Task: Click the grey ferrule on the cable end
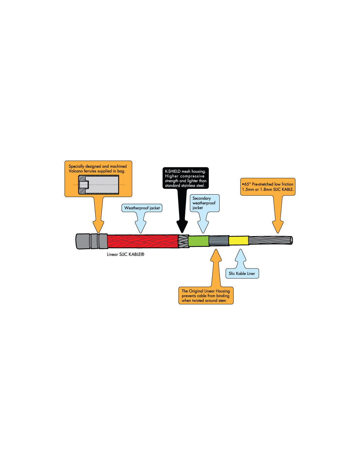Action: [91, 241]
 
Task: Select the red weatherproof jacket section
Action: [142, 241]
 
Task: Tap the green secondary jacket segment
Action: [199, 241]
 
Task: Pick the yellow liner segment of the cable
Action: [239, 241]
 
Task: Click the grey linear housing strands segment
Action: [219, 241]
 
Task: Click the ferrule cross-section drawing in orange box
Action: [99, 185]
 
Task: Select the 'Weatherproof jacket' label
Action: [142, 208]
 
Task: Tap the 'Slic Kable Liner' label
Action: [242, 273]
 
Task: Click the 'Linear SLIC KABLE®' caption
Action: [125, 254]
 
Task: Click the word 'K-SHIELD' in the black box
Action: [173, 171]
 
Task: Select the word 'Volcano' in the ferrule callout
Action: [76, 171]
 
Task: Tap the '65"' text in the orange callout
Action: [247, 184]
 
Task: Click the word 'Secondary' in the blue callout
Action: [202, 198]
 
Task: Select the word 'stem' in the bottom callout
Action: [222, 301]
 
